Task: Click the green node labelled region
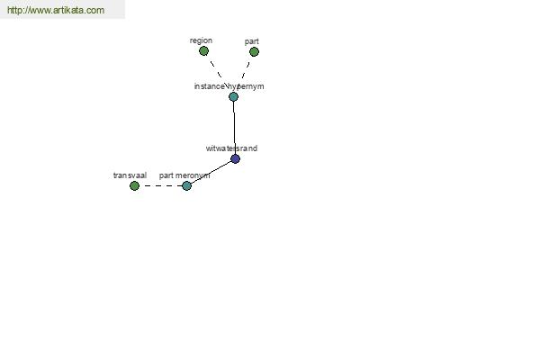click(x=204, y=51)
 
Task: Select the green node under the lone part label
click(x=254, y=51)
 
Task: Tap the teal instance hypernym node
click(x=233, y=97)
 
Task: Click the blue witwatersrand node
click(x=235, y=158)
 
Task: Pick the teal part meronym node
click(x=186, y=186)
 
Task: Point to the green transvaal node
click(x=134, y=186)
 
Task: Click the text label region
click(x=201, y=40)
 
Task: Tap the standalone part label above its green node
click(x=252, y=41)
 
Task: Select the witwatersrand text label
click(x=231, y=148)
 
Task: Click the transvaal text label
click(x=130, y=175)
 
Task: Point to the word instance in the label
click(x=210, y=86)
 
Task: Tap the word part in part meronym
click(x=166, y=175)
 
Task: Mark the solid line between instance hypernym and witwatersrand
click(x=234, y=128)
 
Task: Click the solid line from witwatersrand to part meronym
click(x=211, y=172)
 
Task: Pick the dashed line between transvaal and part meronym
click(x=160, y=186)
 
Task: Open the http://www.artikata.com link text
click(x=56, y=10)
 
